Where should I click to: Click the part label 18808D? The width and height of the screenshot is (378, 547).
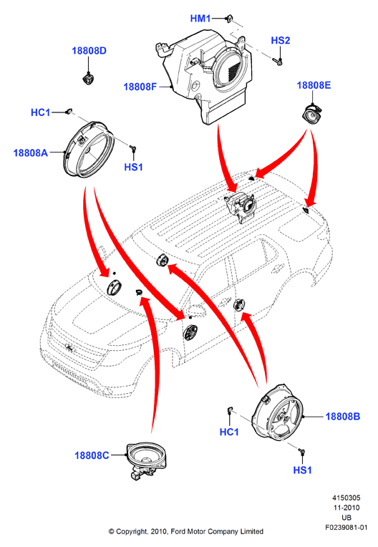click(x=89, y=51)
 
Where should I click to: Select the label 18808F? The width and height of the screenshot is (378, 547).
click(x=140, y=87)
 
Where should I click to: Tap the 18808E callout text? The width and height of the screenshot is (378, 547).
click(x=314, y=85)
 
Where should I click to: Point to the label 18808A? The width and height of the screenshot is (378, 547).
click(x=30, y=153)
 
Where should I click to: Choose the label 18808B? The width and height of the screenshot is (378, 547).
click(x=342, y=416)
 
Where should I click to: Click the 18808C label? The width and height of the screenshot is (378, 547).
click(x=92, y=455)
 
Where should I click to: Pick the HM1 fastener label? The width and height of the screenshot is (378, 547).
click(x=200, y=19)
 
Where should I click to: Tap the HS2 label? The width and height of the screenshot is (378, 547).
click(x=281, y=41)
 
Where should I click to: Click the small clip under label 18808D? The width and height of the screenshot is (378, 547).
click(x=88, y=78)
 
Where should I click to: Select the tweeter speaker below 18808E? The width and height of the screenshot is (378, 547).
click(x=311, y=113)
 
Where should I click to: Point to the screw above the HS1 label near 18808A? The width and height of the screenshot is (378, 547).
click(x=132, y=149)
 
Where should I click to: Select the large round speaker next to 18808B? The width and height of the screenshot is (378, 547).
click(x=278, y=412)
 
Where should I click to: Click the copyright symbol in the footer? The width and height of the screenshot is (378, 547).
click(x=111, y=531)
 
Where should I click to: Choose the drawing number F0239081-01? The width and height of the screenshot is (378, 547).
click(x=346, y=528)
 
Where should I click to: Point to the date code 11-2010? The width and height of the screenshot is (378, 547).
click(x=346, y=508)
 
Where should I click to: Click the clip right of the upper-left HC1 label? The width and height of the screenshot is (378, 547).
click(x=69, y=111)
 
